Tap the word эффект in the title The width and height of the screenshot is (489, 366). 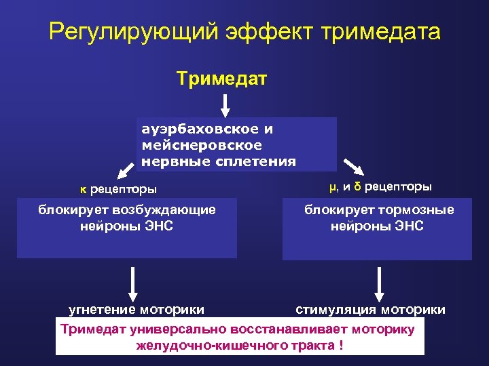tap(260, 32)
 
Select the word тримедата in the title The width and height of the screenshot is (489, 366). tap(381, 32)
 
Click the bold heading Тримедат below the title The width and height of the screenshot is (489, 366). tap(222, 79)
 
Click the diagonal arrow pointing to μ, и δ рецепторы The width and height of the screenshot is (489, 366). tap(352, 166)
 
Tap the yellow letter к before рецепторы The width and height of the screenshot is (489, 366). tap(83, 188)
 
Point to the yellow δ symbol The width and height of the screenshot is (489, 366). tap(357, 186)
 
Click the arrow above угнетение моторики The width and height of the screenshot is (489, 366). tap(133, 284)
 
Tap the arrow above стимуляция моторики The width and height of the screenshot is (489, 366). tap(380, 284)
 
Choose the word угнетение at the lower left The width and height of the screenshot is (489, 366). tap(102, 310)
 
